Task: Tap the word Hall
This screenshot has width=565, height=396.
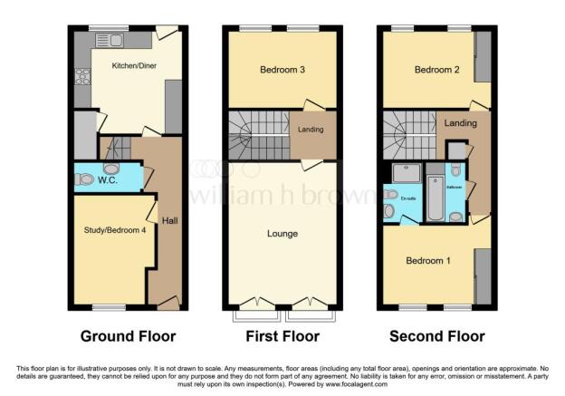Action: [169, 220]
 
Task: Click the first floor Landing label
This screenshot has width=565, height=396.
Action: [311, 130]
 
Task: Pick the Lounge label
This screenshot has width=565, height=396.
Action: [282, 234]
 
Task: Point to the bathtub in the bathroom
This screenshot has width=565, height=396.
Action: [434, 199]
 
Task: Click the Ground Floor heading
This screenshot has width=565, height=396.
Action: [128, 336]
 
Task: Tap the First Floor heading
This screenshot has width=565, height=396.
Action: [282, 336]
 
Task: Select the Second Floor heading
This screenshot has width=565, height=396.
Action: [437, 336]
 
